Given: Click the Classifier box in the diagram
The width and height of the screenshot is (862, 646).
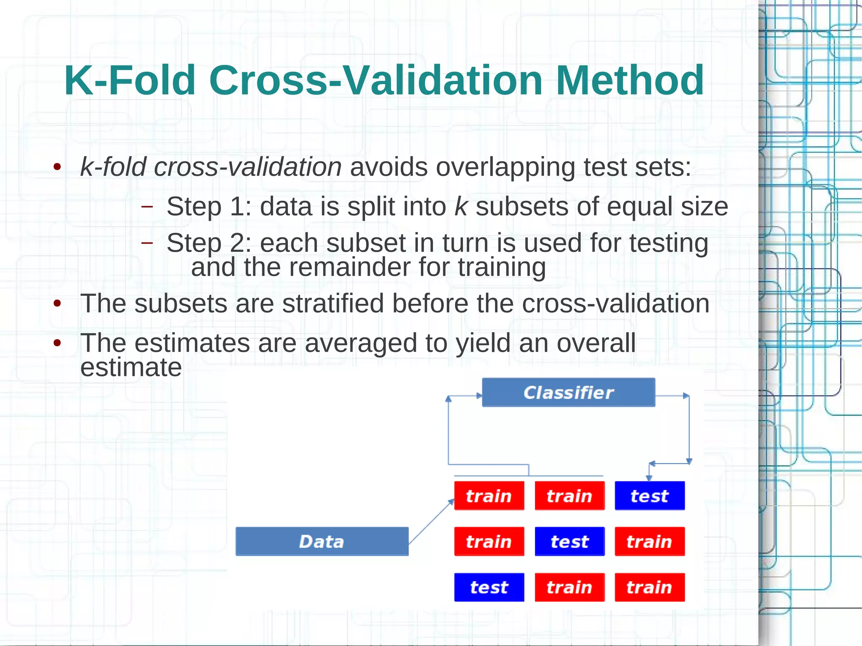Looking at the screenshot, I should point(568,392).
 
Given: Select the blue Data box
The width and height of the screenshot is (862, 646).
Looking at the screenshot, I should point(322,541).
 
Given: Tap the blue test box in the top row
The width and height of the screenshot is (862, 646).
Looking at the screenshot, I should point(649,496).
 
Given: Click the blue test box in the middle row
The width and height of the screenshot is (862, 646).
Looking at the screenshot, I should point(569,541).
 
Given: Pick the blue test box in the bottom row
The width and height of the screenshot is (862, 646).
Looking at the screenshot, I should point(489,587).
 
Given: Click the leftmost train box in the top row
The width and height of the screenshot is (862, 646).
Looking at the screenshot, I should point(489,496).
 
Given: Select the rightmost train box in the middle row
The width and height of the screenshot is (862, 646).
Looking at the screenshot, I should point(649,541).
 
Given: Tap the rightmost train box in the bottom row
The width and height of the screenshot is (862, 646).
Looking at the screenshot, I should point(649,587).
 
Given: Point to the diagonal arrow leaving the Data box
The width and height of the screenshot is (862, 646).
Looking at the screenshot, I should point(431,521).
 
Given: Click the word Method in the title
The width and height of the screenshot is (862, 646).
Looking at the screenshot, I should point(630,80).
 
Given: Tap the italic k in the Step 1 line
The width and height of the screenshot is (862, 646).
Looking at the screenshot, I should point(461,207).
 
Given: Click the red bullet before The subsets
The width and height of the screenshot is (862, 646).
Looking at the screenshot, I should point(58,303).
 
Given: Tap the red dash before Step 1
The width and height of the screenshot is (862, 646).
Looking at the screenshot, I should point(147,207).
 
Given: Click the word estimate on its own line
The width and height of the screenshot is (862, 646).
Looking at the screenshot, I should point(131,367).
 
